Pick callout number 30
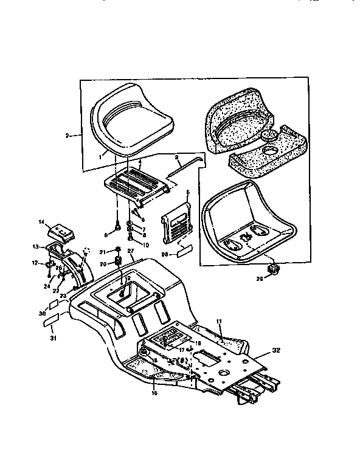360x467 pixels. pyautogui.click(x=42, y=314)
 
